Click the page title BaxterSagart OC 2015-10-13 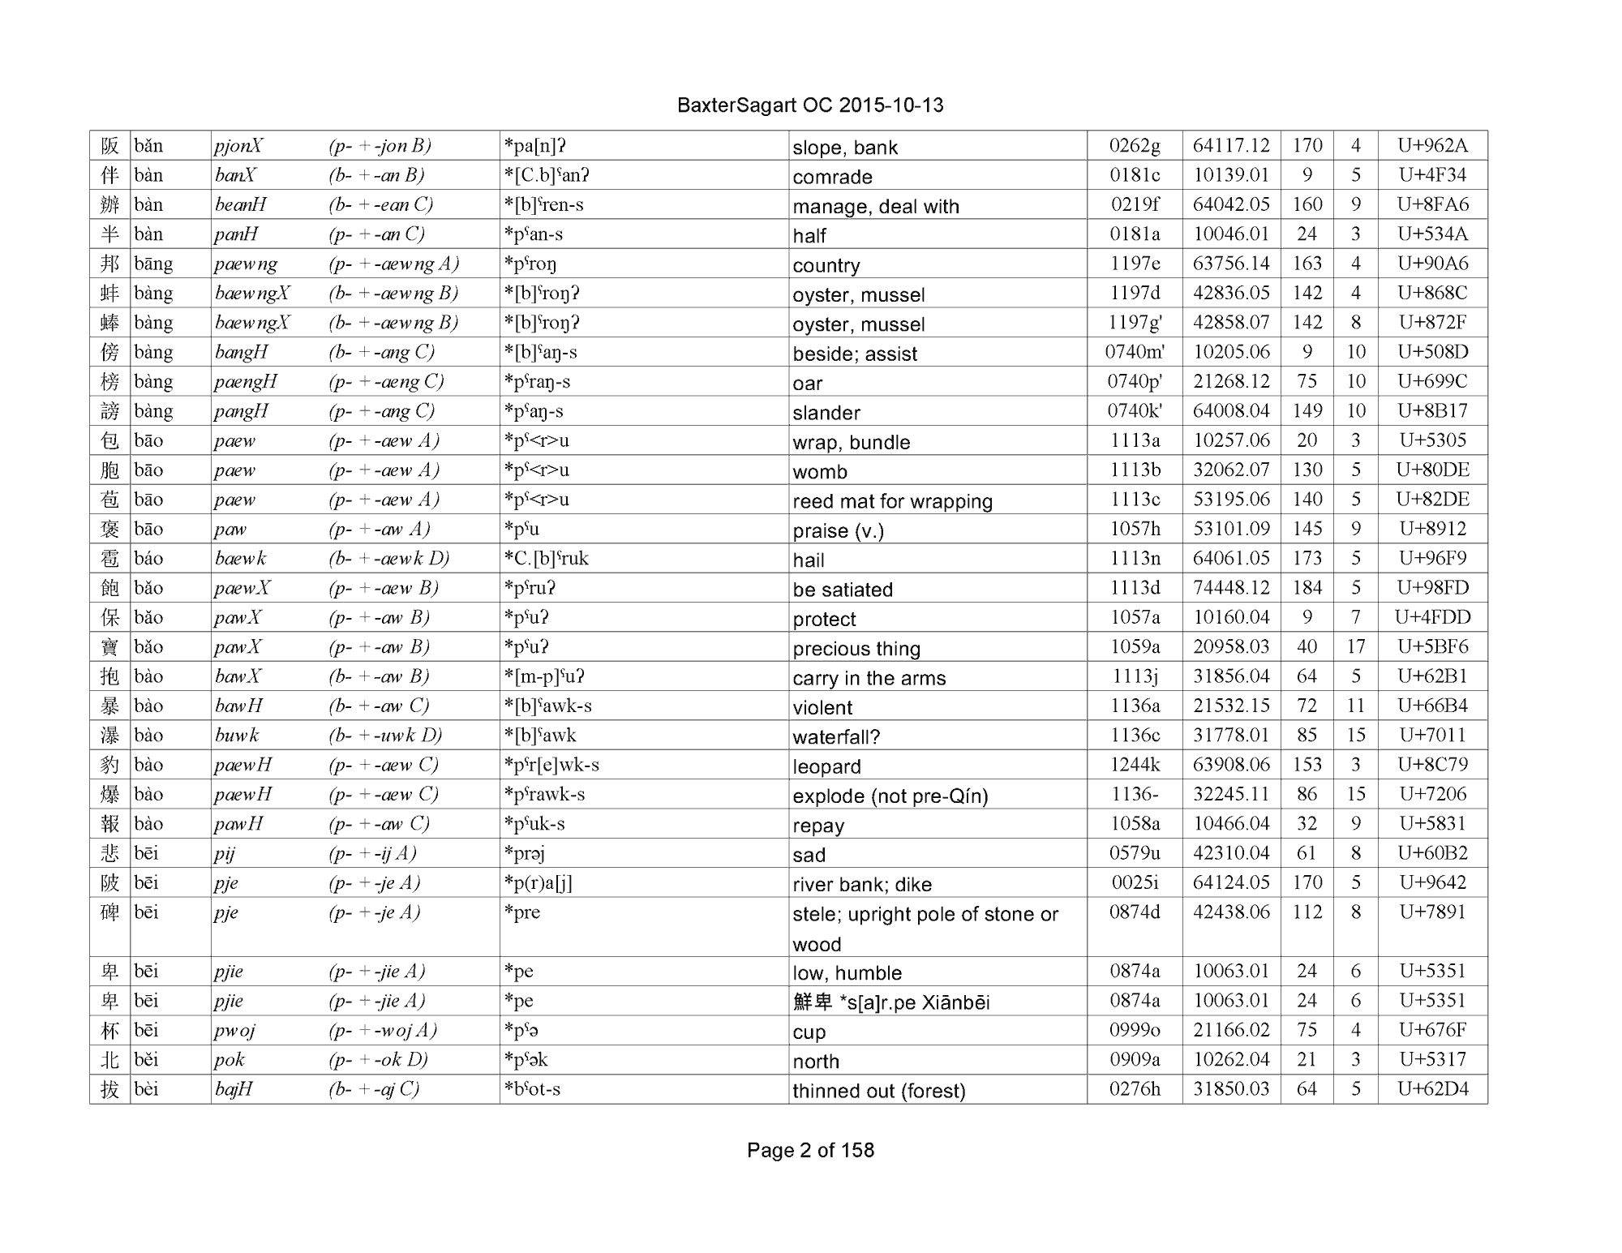pos(810,105)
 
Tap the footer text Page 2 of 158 pos(810,1150)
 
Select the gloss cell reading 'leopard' pos(826,766)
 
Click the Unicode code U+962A pos(1432,146)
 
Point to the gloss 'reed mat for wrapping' pos(892,501)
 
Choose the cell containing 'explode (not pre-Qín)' pos(890,796)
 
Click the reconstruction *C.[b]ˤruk pos(546,559)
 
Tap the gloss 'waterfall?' pos(836,736)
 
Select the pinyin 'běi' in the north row pos(146,1060)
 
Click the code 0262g pos(1134,146)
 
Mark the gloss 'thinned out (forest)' pos(878,1091)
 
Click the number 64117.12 pos(1230,146)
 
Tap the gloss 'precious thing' pos(856,649)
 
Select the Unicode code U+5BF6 pos(1432,647)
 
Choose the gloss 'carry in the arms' pos(869,678)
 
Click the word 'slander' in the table pos(826,413)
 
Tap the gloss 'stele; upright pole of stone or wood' pos(925,928)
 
